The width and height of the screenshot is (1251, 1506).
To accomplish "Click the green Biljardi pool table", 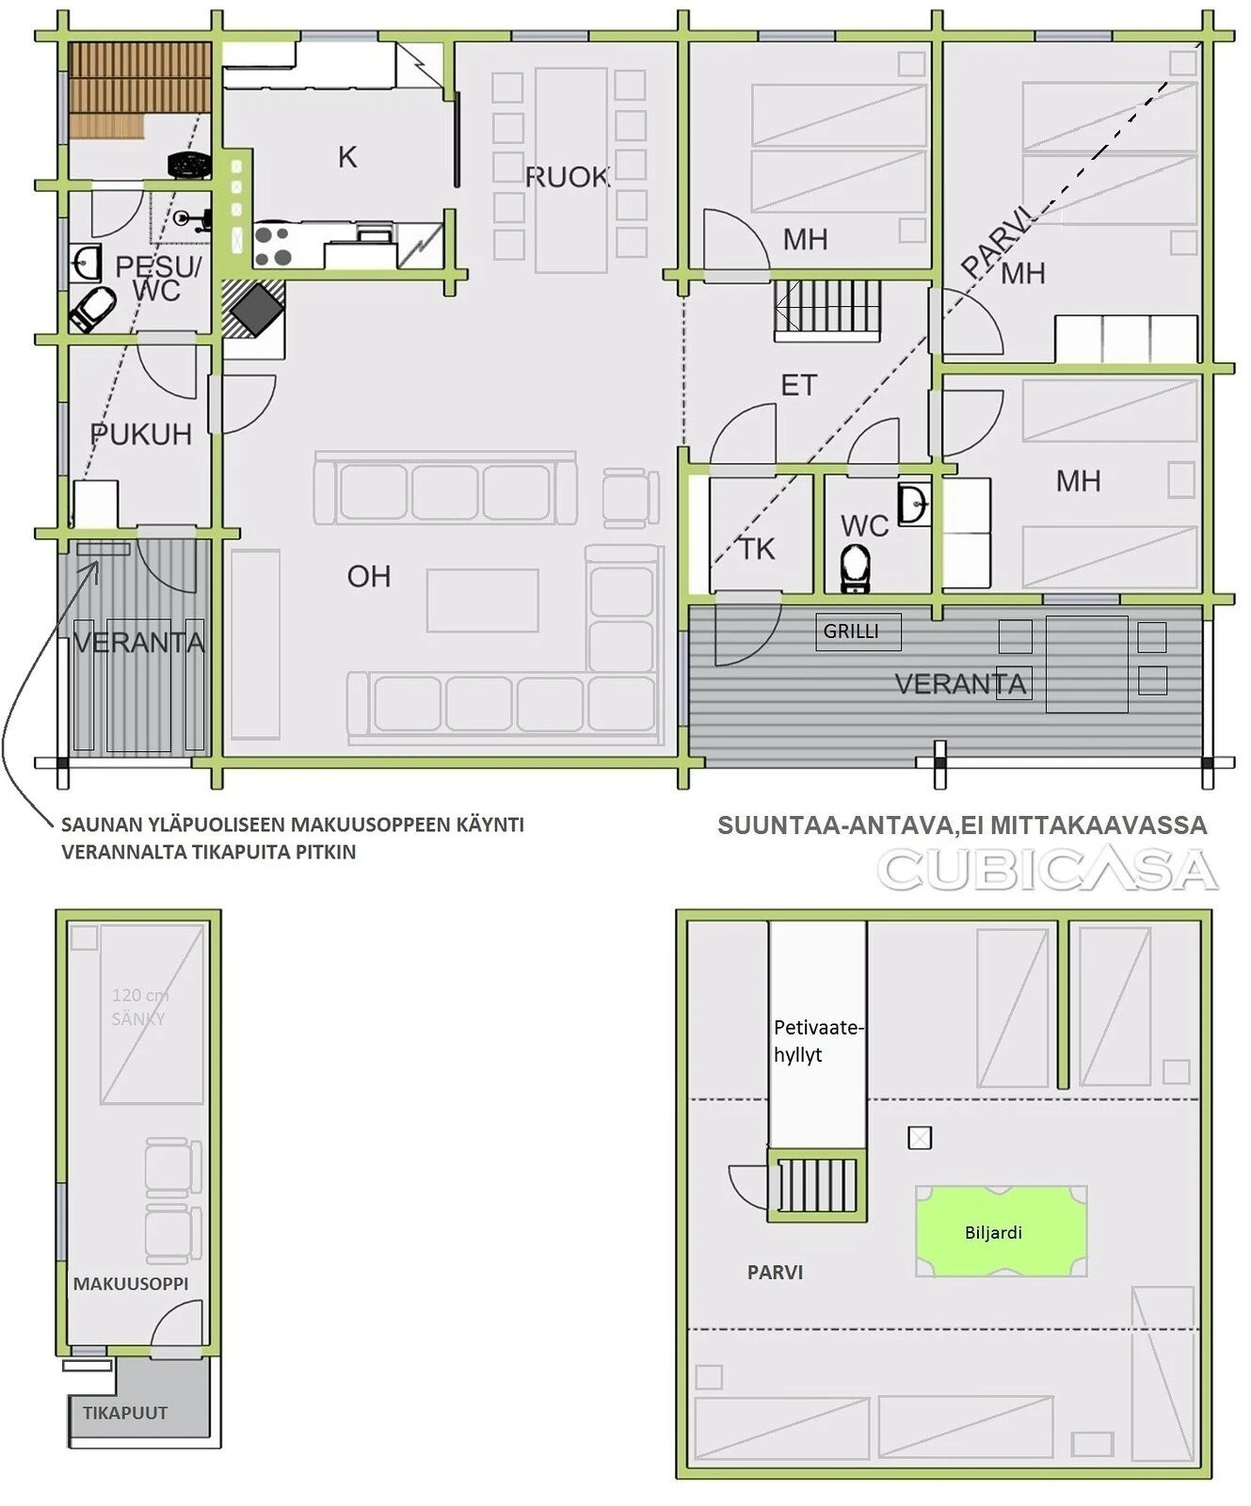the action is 1001,1231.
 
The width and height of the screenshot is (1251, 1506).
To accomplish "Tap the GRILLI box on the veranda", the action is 858,632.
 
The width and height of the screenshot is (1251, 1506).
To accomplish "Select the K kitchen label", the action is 347,157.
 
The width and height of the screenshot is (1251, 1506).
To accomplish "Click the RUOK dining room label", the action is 567,177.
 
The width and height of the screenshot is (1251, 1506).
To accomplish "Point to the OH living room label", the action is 368,576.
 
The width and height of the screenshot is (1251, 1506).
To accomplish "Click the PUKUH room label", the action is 141,434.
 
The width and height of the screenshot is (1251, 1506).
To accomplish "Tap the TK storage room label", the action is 757,549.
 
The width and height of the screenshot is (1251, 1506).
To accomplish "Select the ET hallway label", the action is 799,385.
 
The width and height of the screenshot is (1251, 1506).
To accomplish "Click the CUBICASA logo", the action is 1048,870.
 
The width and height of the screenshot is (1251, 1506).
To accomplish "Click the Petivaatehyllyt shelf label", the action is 817,1040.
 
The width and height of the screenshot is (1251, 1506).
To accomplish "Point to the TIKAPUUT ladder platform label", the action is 125,1413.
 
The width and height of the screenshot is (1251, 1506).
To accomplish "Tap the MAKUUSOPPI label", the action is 131,1283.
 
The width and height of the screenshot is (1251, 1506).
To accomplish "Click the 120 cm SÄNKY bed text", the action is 139,1006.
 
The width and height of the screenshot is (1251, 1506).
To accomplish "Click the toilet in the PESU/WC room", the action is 92,310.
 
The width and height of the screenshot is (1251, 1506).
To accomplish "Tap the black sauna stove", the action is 189,165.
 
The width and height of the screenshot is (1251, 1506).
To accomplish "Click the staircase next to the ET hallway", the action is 827,309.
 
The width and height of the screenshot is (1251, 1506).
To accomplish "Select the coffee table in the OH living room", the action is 483,601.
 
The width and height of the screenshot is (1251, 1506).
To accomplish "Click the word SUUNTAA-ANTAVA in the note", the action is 835,825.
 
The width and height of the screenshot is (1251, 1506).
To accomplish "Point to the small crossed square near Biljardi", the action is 920,1138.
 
